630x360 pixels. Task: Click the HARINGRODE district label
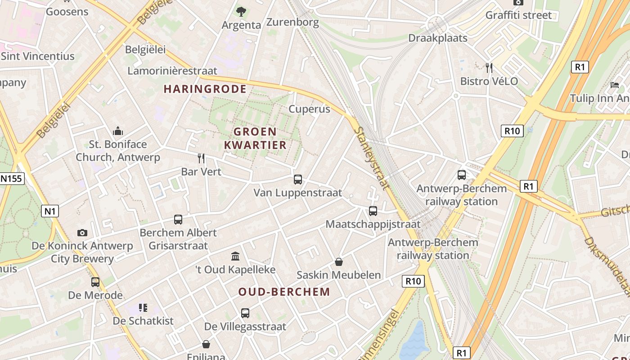point(205,89)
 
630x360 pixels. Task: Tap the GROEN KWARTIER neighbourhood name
point(255,138)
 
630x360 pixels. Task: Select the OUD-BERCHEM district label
point(284,292)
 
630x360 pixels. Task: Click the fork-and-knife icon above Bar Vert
point(201,158)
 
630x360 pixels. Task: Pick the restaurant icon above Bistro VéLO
point(489,68)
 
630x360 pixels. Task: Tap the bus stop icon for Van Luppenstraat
point(297,180)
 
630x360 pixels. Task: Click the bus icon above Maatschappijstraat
point(373,211)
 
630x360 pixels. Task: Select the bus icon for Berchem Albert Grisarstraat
point(178,220)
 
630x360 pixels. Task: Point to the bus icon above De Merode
point(95,282)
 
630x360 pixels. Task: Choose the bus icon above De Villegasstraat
point(245,313)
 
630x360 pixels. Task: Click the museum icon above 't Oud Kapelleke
point(235,256)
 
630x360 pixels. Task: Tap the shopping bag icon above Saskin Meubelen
point(338,262)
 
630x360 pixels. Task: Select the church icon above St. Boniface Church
point(118,131)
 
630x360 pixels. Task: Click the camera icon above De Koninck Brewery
point(82,233)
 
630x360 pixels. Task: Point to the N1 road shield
point(50,211)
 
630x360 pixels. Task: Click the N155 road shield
point(11,179)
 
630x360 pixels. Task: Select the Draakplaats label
point(438,38)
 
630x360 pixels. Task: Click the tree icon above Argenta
point(241,11)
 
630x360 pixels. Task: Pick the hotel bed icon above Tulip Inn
point(615,85)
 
